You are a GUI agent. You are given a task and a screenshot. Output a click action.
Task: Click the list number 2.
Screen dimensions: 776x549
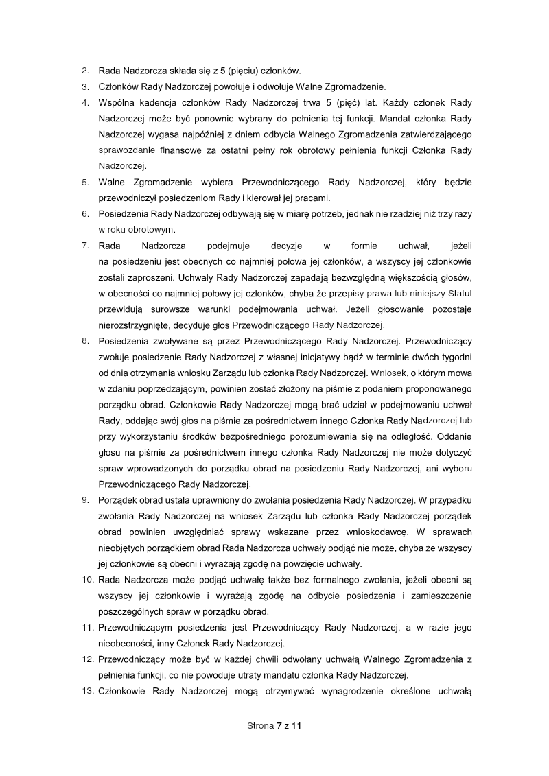[85, 71]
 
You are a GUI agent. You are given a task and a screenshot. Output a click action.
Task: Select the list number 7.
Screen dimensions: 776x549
[85, 245]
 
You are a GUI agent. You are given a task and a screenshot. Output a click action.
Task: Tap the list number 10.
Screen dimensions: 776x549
[87, 580]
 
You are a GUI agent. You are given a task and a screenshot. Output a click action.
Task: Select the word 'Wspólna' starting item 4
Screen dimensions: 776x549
[118, 103]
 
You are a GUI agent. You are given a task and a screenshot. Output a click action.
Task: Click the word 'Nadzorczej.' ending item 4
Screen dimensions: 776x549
[123, 166]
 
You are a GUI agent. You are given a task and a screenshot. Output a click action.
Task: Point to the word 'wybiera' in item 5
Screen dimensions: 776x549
[210, 183]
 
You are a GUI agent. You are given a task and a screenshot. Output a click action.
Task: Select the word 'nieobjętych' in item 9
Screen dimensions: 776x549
[124, 548]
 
